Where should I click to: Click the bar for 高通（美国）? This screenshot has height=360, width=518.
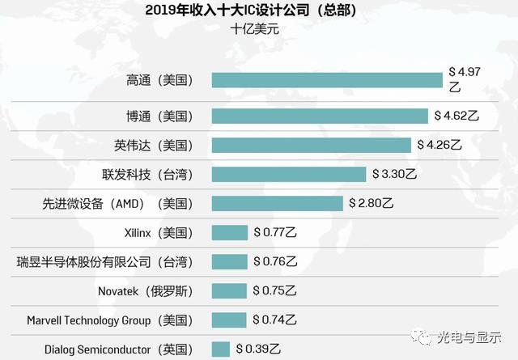329,79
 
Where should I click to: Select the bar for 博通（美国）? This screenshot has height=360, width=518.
320,116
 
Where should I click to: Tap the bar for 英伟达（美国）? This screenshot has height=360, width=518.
312,145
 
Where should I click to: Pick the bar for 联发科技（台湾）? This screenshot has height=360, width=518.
289,174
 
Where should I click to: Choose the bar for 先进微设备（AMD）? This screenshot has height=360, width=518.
277,203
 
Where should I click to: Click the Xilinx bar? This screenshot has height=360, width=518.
229,233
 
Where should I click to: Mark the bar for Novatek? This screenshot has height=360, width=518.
229,290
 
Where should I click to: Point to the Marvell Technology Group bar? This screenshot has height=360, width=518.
229,320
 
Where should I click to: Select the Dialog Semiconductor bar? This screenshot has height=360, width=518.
220,349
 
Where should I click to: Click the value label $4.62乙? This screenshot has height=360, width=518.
456,116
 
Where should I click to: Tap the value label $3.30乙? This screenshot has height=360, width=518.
394,174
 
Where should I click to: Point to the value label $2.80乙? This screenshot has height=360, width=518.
372,203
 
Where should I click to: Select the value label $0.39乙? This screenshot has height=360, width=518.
258,349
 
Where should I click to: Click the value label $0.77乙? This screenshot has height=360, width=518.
276,233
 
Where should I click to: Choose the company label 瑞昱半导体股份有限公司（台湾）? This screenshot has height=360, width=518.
105,262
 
